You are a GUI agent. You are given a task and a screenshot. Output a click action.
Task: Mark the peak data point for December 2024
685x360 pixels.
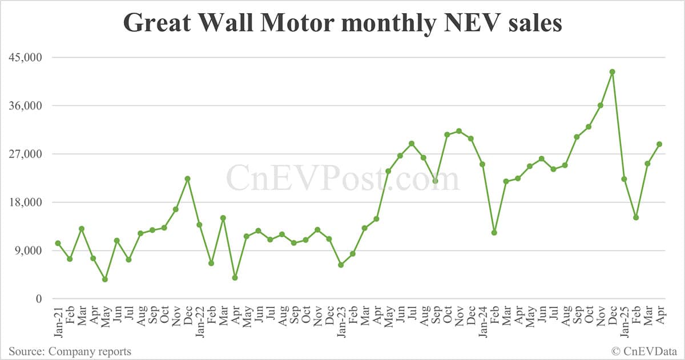pos(612,72)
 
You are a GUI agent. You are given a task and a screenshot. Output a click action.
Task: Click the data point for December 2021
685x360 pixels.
pos(187,179)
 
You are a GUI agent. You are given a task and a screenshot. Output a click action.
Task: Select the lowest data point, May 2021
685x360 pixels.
pos(105,280)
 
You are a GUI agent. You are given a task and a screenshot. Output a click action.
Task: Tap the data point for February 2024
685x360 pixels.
pos(494,233)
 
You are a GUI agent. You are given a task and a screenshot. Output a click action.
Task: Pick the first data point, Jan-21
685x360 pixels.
pos(58,243)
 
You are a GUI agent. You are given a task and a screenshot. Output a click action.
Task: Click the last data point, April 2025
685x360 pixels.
pos(659,144)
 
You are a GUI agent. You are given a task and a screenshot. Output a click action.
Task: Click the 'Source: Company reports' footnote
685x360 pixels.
pos(70,351)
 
